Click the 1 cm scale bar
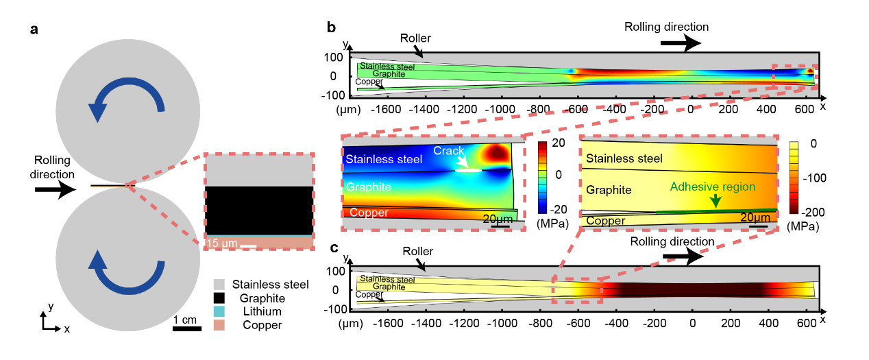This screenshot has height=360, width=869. (x=186, y=328)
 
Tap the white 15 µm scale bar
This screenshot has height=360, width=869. (x=248, y=245)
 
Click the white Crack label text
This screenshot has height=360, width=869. (x=448, y=150)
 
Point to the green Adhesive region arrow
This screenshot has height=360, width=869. (x=715, y=200)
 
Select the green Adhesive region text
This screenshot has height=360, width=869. (x=713, y=187)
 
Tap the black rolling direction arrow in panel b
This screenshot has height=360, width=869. (x=681, y=43)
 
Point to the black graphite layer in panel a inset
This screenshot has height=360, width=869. (x=259, y=211)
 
